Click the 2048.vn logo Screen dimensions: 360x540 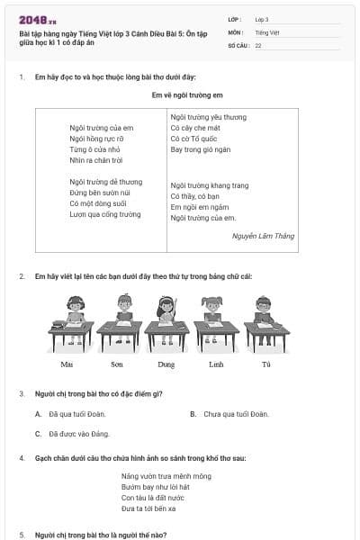[37, 19]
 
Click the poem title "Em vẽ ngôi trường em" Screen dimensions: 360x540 [180, 94]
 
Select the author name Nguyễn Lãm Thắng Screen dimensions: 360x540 [264, 236]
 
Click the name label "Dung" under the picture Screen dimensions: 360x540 [166, 364]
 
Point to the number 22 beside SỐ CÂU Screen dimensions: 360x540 [258, 44]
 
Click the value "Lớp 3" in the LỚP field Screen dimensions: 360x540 [262, 19]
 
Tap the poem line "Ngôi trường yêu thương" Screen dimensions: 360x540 [208, 117]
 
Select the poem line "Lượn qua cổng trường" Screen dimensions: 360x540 [105, 214]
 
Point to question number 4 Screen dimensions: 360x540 [21, 458]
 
